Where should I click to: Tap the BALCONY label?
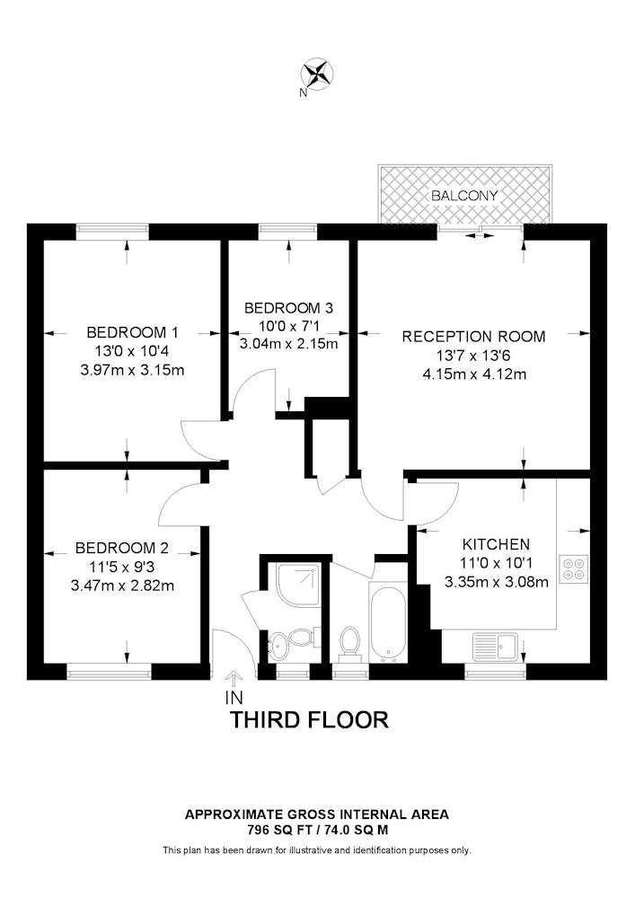point(464,195)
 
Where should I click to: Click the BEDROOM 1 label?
point(132,332)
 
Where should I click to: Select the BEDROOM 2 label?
point(122,548)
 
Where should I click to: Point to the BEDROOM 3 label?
point(288,308)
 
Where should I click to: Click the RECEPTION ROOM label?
point(473,336)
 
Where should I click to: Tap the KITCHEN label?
point(497,543)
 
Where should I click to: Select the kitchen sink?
point(495,647)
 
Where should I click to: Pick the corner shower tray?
point(298,585)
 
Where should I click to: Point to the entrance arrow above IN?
point(233,679)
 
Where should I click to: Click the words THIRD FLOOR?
point(309,719)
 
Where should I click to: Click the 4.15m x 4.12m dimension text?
point(473,374)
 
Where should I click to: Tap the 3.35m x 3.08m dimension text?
point(497,582)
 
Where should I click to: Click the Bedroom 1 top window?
point(113,232)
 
